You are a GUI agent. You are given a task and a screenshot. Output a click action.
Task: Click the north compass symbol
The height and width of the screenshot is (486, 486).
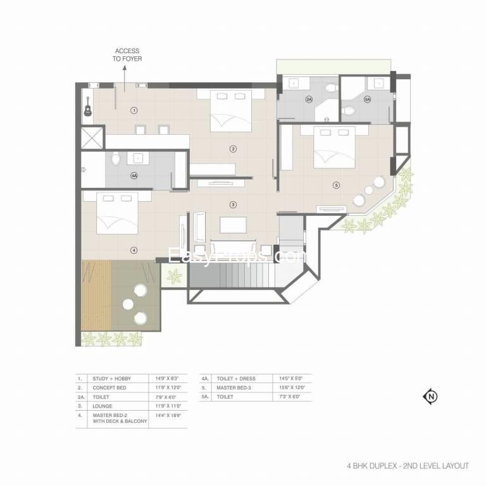(x=430, y=397)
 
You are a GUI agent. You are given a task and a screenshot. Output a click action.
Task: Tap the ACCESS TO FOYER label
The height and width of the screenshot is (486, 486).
(x=127, y=55)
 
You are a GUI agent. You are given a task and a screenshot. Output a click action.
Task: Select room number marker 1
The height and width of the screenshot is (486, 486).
(x=134, y=110)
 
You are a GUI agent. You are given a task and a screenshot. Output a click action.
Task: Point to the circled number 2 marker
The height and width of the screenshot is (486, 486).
(x=233, y=149)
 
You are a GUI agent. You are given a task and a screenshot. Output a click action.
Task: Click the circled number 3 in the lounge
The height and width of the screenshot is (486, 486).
(x=233, y=204)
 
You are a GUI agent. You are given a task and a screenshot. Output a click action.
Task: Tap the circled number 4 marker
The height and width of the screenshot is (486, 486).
(x=134, y=250)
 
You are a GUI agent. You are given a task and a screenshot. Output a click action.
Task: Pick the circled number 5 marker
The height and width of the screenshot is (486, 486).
(x=336, y=185)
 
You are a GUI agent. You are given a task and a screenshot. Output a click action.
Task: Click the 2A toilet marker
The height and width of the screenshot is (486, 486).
(x=309, y=99)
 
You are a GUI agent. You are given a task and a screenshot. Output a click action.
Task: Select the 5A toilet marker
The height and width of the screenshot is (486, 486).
(x=367, y=99)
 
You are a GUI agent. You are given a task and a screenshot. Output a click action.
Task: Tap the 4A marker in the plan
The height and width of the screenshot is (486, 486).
(x=134, y=175)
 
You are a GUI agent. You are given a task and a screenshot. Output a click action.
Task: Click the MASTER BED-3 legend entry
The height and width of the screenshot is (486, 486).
(x=235, y=387)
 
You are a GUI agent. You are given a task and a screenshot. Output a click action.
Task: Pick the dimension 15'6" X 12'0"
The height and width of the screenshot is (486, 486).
(x=289, y=387)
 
